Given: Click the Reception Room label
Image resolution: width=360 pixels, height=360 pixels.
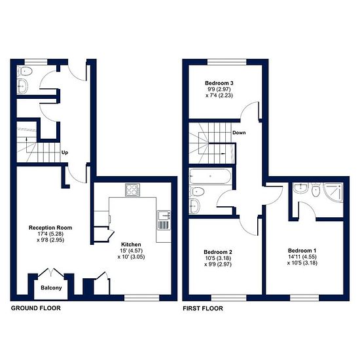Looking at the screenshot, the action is (50, 228).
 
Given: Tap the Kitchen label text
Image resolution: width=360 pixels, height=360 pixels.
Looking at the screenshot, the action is (131, 244).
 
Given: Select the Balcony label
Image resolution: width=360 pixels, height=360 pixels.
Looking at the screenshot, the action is (51, 288).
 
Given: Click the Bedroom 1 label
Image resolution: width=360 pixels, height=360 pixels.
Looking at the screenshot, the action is (302, 251).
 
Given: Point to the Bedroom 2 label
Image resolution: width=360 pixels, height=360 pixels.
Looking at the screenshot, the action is (218, 252).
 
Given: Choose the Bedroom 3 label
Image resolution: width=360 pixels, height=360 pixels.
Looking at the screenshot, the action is (219, 83).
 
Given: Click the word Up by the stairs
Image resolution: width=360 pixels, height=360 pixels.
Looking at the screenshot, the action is (65, 153).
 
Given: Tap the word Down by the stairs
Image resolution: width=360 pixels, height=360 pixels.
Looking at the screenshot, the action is (239, 133).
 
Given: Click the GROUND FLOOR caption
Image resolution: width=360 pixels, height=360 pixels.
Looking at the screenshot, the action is (36, 308).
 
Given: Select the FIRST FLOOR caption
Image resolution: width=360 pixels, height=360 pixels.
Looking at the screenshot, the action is (203, 308).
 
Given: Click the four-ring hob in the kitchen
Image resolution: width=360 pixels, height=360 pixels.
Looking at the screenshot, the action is (132, 190).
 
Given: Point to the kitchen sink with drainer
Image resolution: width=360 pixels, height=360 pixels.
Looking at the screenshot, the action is (164, 221).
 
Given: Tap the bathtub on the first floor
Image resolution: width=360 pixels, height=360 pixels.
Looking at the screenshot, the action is (210, 176).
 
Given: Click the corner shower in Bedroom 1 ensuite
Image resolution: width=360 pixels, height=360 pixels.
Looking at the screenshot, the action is (333, 192).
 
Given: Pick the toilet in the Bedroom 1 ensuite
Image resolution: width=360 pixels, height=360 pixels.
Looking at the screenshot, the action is (316, 190).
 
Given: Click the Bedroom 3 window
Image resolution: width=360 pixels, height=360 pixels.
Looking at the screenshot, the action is (227, 62).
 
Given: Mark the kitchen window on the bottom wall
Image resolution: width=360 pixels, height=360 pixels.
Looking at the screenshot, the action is (141, 298).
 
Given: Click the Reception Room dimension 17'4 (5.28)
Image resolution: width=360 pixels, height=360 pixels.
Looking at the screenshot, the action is (50, 234).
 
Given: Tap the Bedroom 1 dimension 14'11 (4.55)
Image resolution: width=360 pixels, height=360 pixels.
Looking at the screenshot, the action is (302, 257).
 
